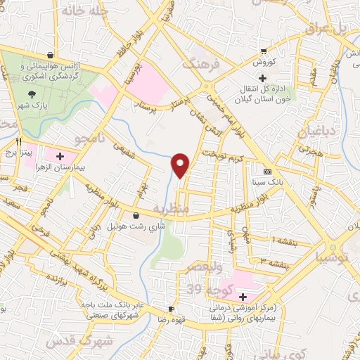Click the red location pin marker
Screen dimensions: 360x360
(x=181, y=165)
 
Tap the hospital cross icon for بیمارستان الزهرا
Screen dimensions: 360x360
(x=60, y=156)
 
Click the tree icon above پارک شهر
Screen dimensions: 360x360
(x=31, y=94)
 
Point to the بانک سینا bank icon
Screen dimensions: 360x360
(x=267, y=172)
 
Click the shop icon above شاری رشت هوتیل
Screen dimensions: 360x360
(x=136, y=216)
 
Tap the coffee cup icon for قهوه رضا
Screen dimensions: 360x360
(x=171, y=309)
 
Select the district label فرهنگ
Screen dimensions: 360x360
(x=201, y=63)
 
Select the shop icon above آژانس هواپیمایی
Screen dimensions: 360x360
(x=50, y=55)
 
